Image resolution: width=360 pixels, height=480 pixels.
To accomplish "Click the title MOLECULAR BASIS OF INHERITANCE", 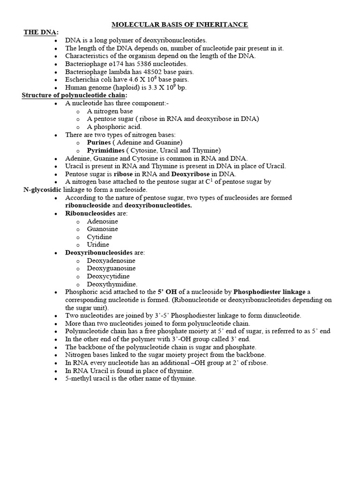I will (180, 24).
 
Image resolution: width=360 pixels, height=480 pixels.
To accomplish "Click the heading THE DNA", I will (41, 32).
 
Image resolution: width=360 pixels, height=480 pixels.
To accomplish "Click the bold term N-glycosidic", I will (43, 189).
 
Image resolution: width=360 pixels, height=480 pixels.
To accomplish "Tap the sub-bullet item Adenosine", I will (102, 221).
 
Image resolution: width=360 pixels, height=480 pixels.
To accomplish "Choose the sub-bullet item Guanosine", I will (102, 229).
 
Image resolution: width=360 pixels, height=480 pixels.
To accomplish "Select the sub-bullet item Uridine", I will (98, 245).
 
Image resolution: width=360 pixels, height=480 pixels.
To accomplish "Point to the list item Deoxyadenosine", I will (111, 260).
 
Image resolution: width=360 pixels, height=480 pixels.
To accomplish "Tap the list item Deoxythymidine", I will (112, 284).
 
